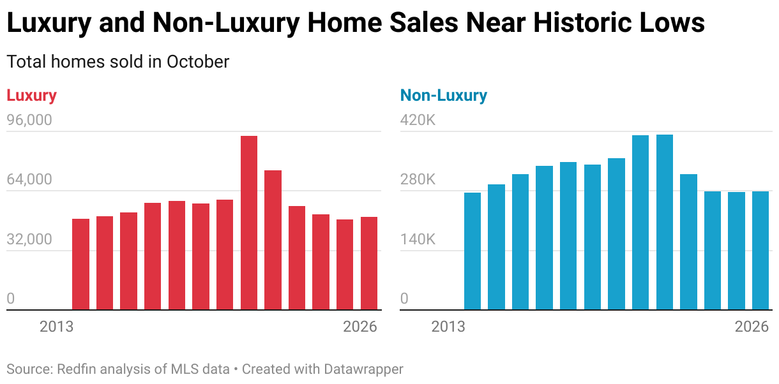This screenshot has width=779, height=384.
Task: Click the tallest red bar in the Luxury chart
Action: pyautogui.click(x=249, y=223)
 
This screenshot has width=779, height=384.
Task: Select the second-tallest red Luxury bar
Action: pyautogui.click(x=273, y=240)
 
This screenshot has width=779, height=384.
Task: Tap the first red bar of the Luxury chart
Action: pyautogui.click(x=80, y=265)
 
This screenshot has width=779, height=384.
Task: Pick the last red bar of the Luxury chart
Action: pyautogui.click(x=369, y=263)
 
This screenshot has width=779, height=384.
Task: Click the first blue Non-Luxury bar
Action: pyautogui.click(x=473, y=251)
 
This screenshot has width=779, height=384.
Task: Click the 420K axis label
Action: pyautogui.click(x=418, y=121)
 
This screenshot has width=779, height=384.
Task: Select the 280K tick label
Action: pyautogui.click(x=418, y=180)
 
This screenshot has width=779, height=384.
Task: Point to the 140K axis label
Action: pyautogui.click(x=418, y=240)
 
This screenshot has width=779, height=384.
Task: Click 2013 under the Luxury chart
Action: pyautogui.click(x=56, y=327)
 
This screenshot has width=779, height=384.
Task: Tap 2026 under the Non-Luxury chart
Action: pyautogui.click(x=752, y=327)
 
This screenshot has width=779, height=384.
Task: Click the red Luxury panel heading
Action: pyautogui.click(x=31, y=96)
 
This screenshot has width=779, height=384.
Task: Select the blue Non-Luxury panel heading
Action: pyautogui.click(x=443, y=96)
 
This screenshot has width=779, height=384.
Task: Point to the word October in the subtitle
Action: pyautogui.click(x=198, y=62)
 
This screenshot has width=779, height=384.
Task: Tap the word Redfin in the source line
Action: pyautogui.click(x=77, y=369)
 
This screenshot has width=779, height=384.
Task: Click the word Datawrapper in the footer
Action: pyautogui.click(x=363, y=369)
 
